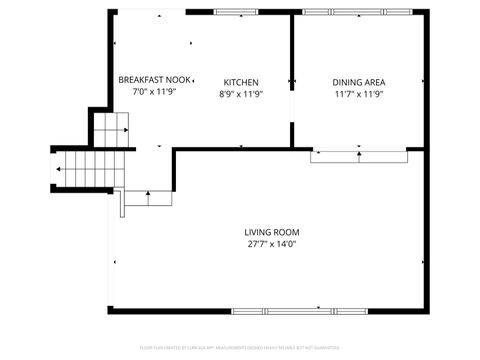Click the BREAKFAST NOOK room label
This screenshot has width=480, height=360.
click(153, 80)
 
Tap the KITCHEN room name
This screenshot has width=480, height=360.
click(241, 82)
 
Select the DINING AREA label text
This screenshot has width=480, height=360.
click(359, 82)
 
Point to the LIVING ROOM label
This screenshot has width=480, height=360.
click(272, 231)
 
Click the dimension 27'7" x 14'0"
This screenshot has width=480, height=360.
click(272, 243)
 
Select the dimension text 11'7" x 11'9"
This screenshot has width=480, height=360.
click(359, 94)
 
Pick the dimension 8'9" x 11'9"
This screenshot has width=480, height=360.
click(241, 94)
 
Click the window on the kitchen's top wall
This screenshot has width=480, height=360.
click(241, 12)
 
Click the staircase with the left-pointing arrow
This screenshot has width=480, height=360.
click(84, 169)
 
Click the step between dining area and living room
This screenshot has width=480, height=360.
click(359, 155)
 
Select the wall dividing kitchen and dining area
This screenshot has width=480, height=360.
click(291, 80)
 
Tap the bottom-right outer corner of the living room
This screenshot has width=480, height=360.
click(427, 311)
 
